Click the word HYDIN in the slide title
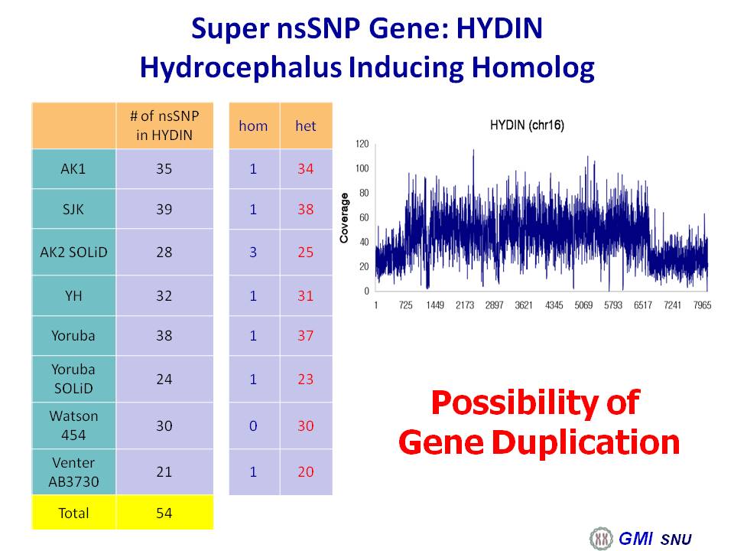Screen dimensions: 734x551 tap(499, 28)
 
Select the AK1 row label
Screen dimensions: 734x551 tap(73, 168)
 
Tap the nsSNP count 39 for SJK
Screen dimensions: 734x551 tap(164, 209)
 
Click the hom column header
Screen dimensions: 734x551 tap(253, 126)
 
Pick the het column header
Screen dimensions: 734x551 tap(306, 126)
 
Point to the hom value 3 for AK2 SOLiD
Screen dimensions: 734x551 tap(253, 252)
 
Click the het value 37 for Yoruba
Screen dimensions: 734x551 tap(306, 335)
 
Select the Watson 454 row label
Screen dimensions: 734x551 tap(73, 425)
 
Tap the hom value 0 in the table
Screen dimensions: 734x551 tap(253, 425)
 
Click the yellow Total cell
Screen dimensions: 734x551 tap(73, 513)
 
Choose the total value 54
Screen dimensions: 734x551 tap(164, 513)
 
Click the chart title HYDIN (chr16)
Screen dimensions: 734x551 tap(527, 125)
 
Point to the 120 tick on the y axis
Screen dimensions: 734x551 tap(362, 144)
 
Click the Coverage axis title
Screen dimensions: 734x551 tap(345, 218)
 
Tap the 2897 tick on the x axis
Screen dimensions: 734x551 tap(495, 305)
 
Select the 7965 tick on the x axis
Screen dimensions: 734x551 tap(702, 305)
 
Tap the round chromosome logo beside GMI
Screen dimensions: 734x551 tap(602, 538)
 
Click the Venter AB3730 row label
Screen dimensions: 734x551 tap(73, 472)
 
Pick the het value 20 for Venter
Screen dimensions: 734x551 tap(306, 471)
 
